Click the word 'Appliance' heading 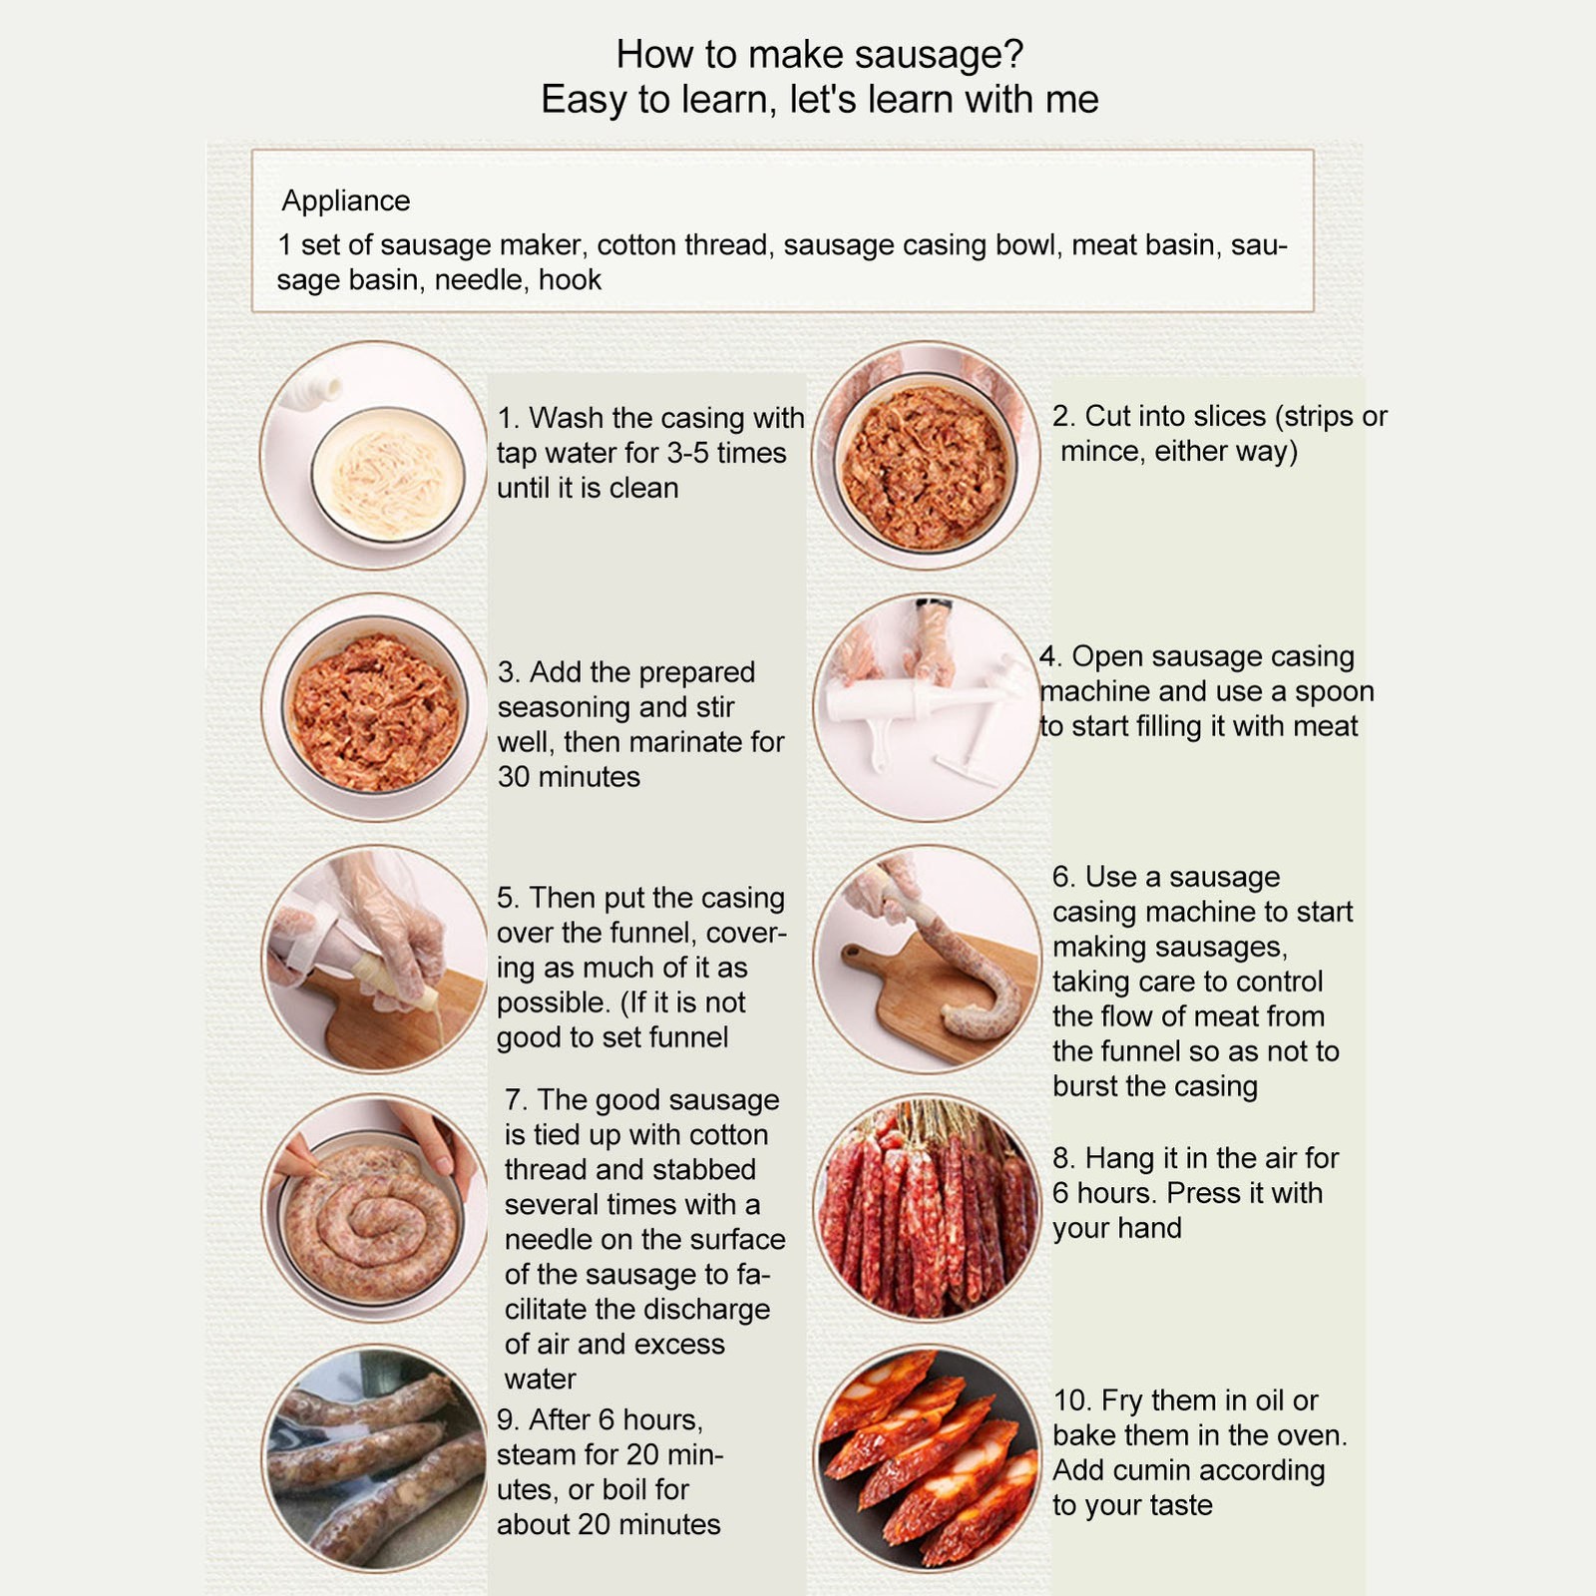[x=345, y=201]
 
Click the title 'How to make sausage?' [x=820, y=54]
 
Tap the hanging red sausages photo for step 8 [x=926, y=1208]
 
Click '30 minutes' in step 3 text [x=569, y=777]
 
